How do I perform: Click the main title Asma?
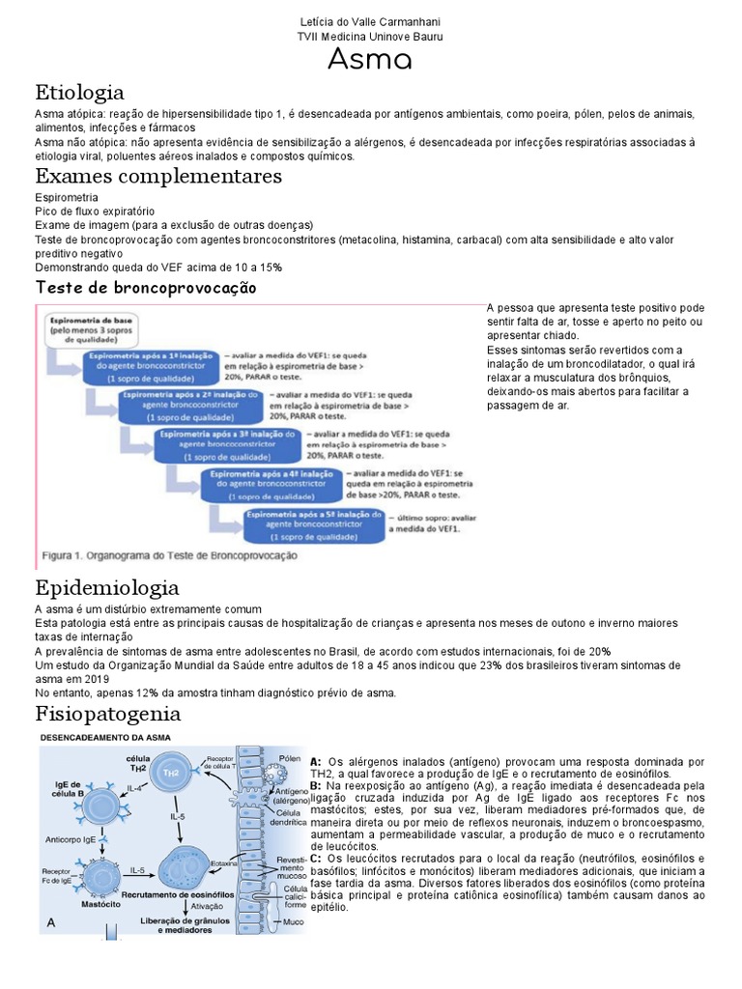click(370, 61)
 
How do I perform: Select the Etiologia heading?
click(79, 93)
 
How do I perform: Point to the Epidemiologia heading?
click(106, 587)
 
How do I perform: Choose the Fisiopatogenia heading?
click(107, 714)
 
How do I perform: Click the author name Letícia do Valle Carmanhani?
click(370, 21)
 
